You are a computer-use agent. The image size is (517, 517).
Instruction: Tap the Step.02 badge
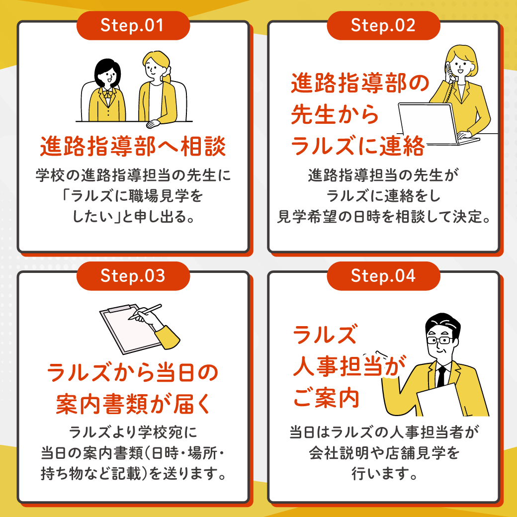383,26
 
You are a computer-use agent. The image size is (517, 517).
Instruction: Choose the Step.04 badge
383,276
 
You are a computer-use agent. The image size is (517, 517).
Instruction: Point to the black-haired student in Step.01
107,92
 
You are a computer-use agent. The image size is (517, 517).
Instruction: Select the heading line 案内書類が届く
133,404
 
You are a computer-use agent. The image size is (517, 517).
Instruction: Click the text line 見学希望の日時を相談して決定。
383,217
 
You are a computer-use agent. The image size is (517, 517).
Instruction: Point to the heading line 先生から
335,115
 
